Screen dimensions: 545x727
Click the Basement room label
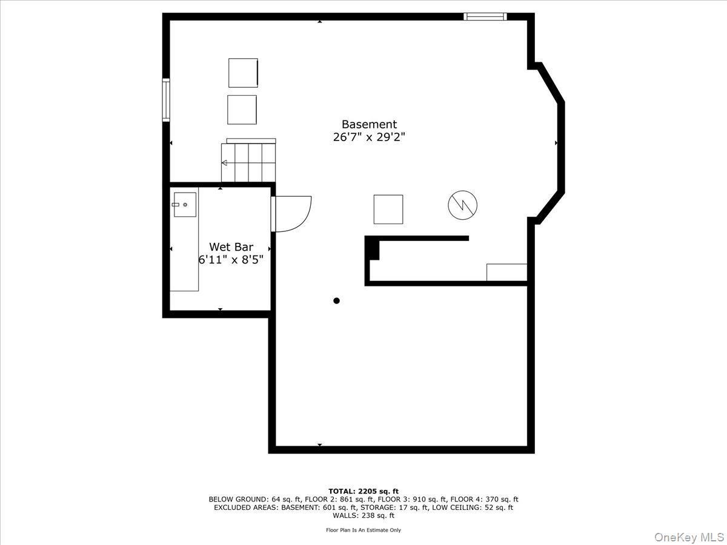coord(369,124)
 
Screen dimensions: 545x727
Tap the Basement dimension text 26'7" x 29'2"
coord(369,137)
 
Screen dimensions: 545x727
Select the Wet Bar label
coord(231,247)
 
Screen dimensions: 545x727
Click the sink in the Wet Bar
coord(184,205)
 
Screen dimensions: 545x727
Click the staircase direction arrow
coord(225,163)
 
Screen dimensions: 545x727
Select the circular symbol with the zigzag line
coord(462,206)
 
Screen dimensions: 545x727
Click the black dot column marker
coord(337,301)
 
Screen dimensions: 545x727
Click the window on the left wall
coord(165,100)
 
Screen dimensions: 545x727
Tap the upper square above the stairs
coord(243,73)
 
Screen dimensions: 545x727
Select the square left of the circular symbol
coord(388,210)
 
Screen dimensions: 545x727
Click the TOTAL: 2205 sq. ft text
coord(363,491)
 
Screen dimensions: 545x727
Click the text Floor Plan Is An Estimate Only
coord(363,530)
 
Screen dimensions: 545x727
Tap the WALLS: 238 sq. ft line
coord(363,516)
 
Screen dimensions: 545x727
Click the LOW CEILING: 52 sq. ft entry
coord(472,507)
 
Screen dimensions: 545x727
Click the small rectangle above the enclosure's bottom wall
coord(506,272)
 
